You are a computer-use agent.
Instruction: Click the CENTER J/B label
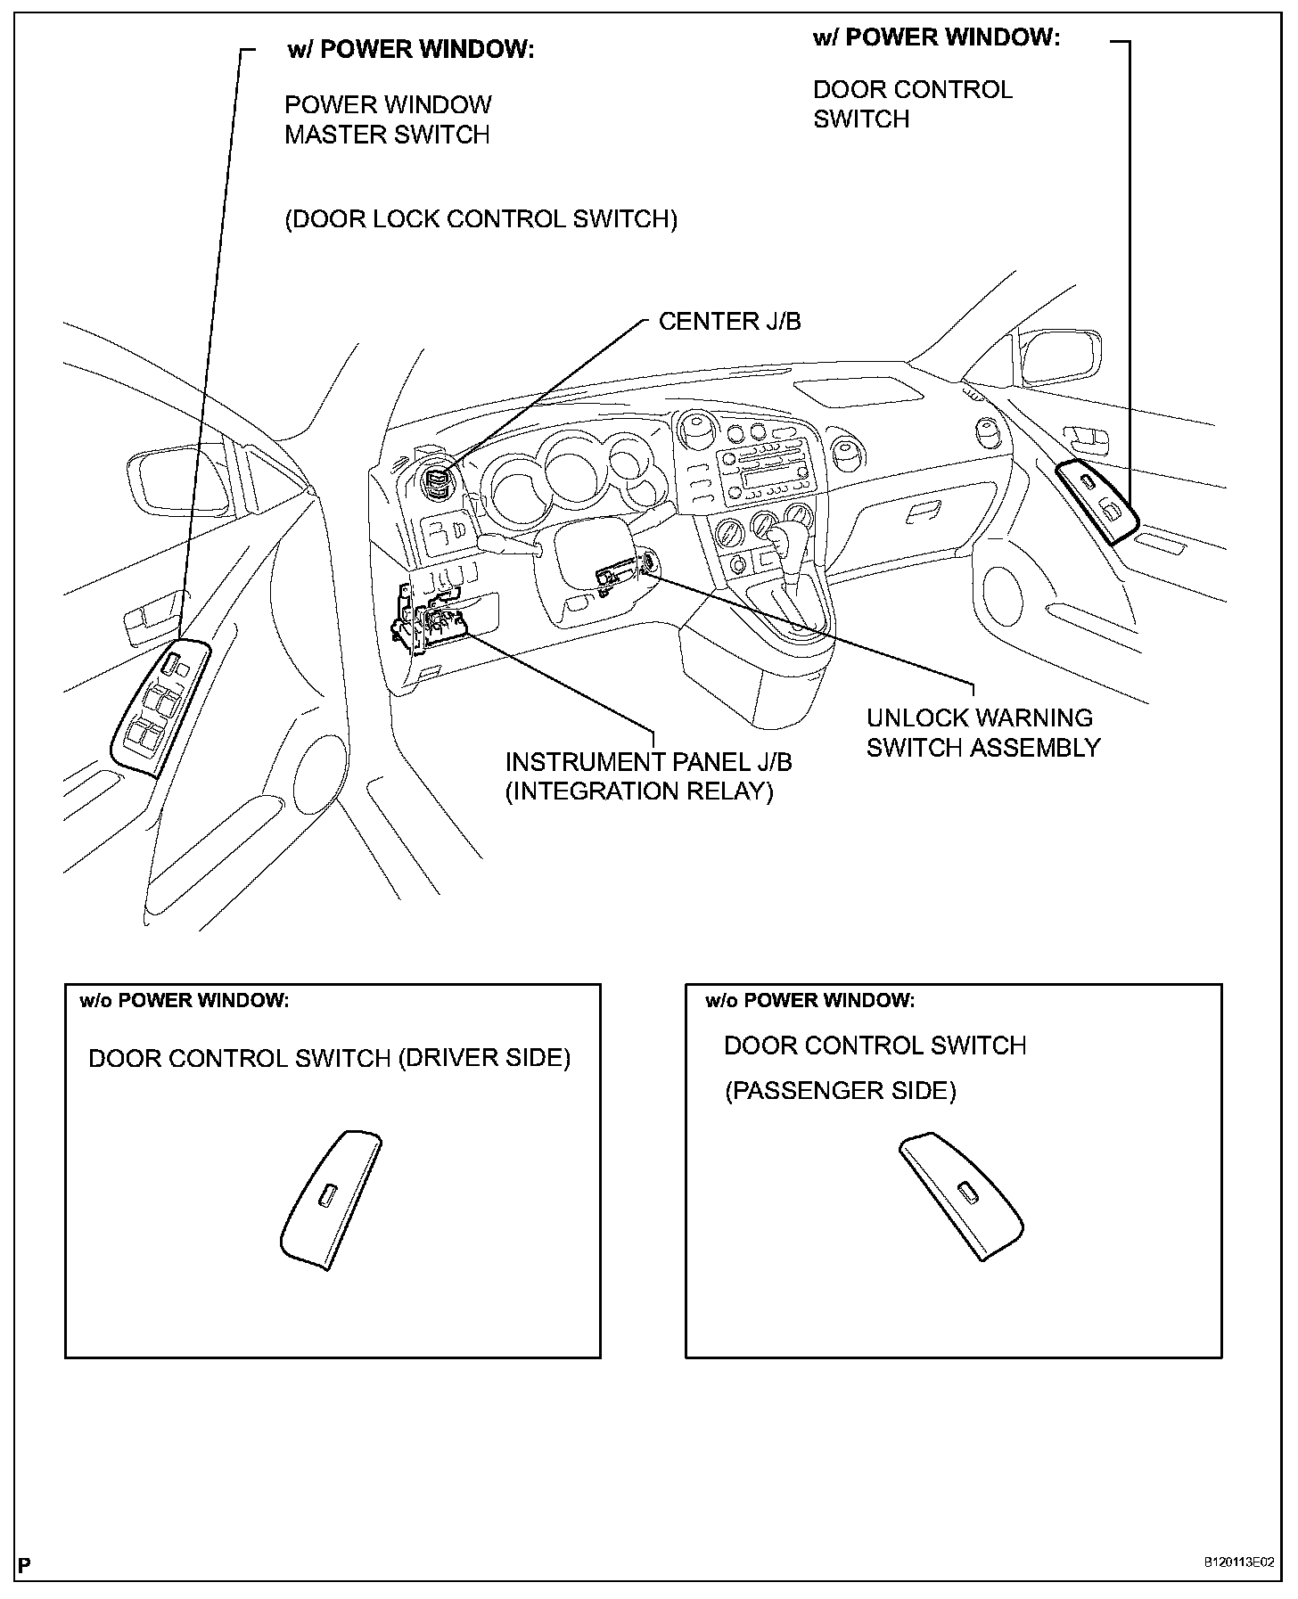729,321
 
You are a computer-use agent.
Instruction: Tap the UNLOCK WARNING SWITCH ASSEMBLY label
982,733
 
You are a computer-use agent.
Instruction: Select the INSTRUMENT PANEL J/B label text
648,762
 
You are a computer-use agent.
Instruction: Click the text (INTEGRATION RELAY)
638,791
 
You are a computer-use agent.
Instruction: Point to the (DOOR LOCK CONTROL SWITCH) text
481,219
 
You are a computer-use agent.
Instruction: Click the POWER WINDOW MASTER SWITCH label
388,119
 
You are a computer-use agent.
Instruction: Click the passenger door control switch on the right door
1097,499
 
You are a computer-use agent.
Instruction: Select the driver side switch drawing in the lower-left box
330,1199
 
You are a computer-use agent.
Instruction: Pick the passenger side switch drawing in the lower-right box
961,1194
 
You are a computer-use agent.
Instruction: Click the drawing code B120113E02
1238,1562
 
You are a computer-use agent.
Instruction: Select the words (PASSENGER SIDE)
840,1091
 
